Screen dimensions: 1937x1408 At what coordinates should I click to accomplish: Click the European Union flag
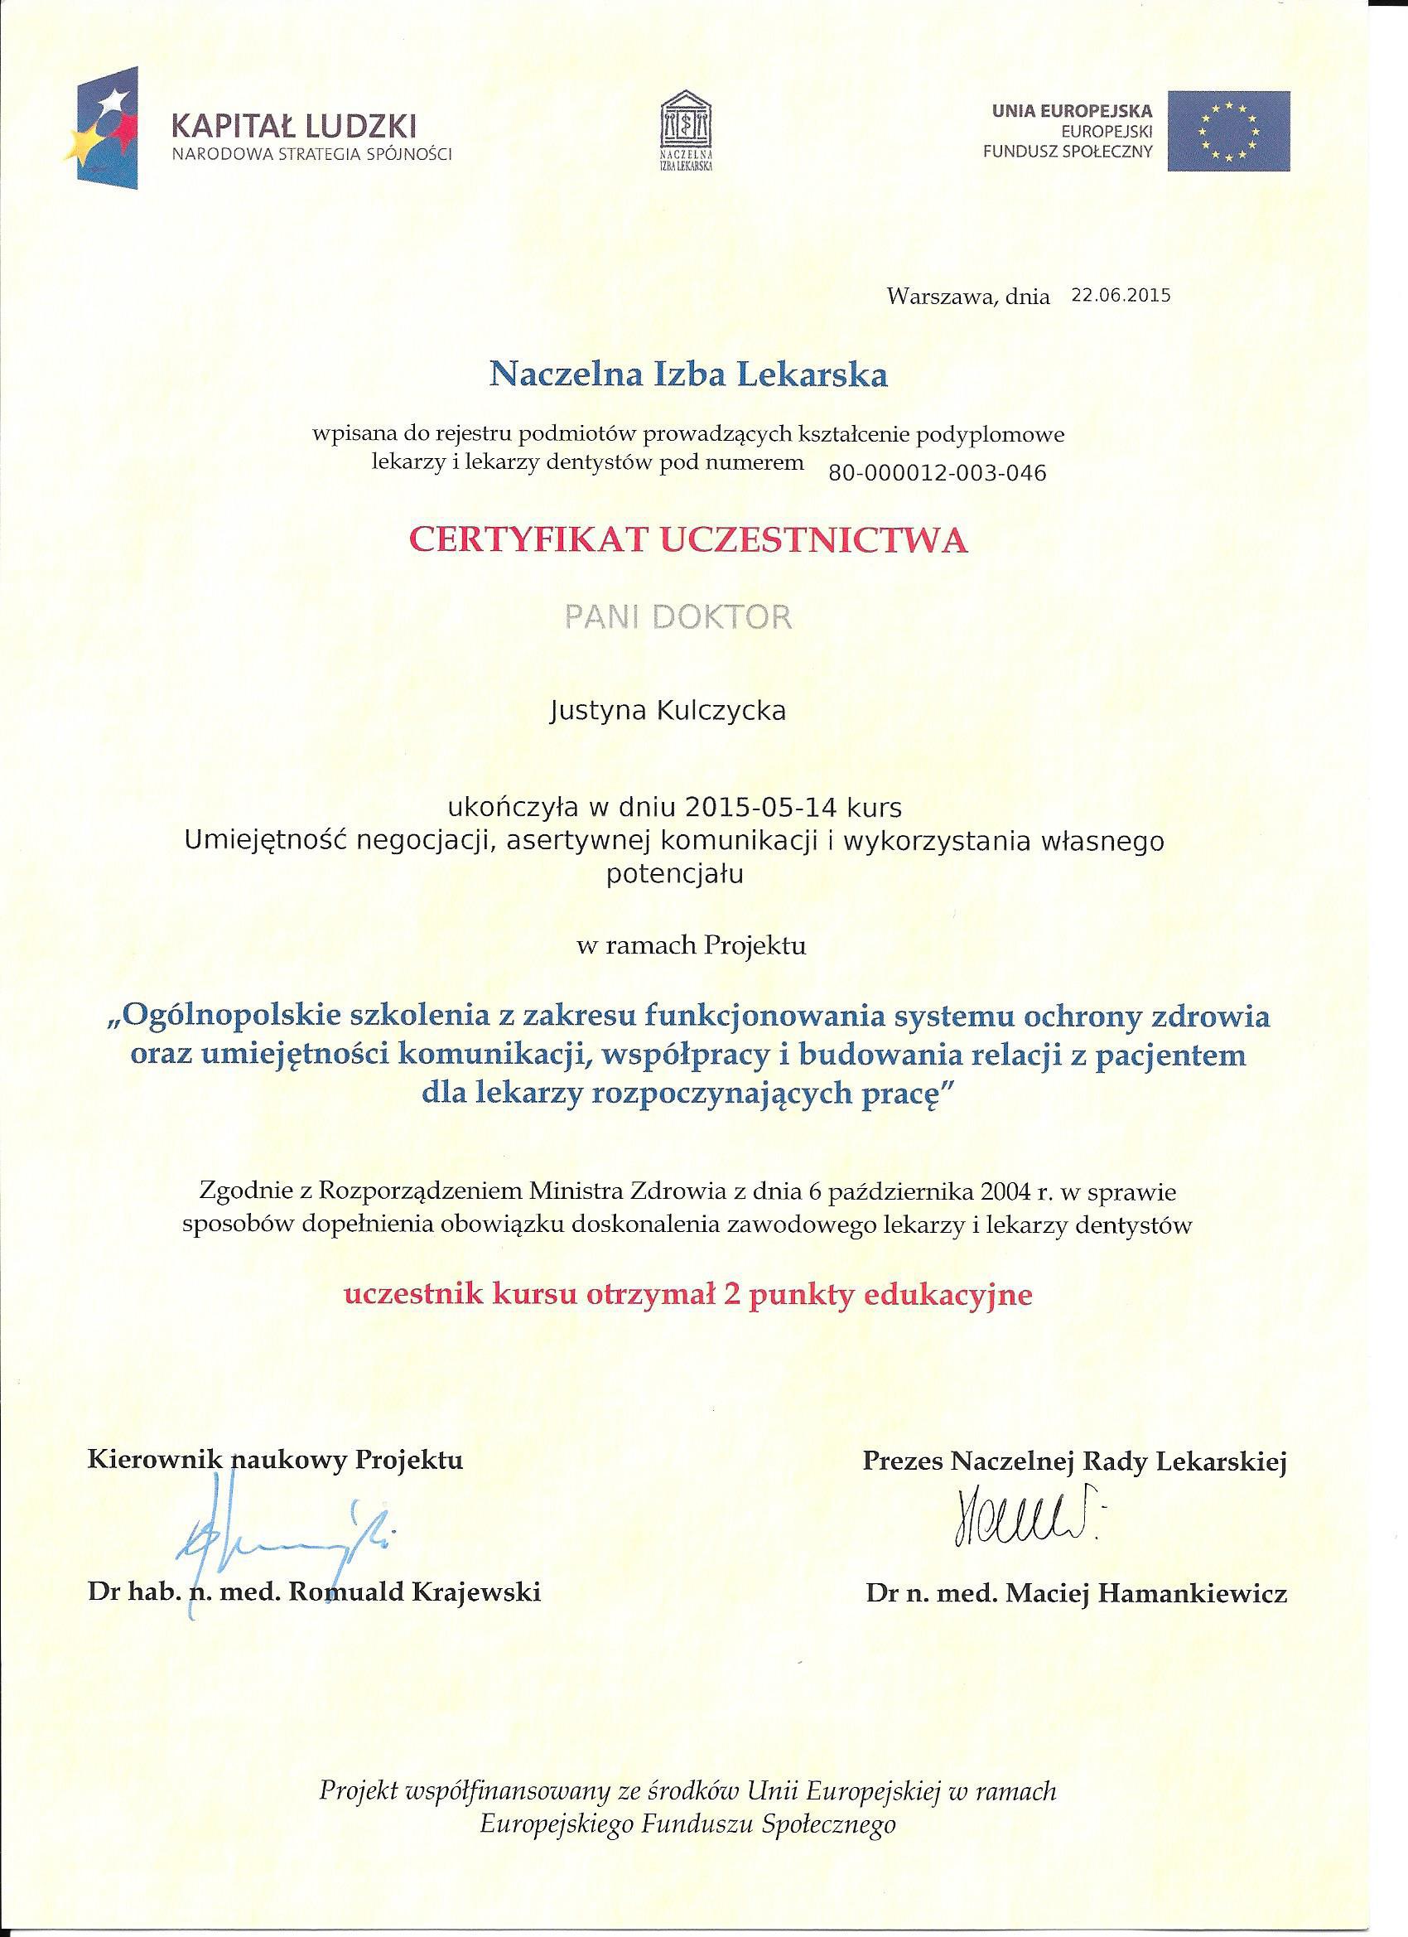[x=1229, y=133]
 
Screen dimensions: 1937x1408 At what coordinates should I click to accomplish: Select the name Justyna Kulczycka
[x=667, y=711]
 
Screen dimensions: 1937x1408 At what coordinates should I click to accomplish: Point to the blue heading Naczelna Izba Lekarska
[x=687, y=374]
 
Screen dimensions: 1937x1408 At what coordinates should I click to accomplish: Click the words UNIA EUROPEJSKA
[x=1072, y=110]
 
